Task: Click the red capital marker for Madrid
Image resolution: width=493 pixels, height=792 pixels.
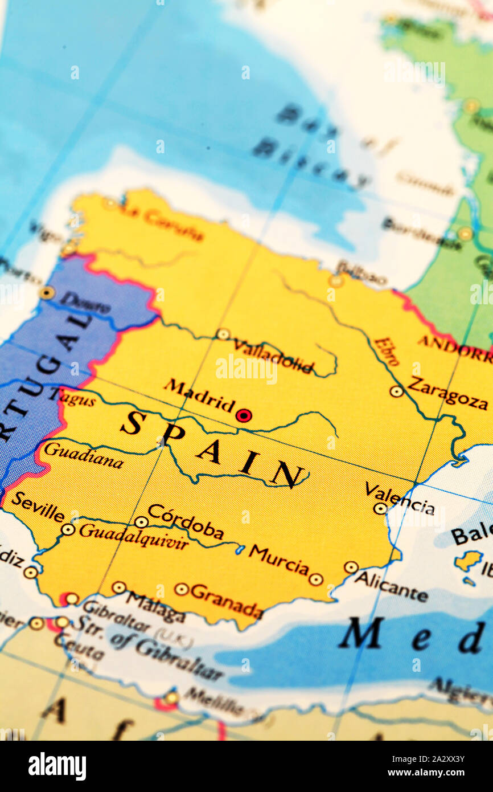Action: pos(244,415)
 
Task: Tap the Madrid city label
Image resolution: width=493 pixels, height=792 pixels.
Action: pos(199,395)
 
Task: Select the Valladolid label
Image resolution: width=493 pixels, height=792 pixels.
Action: pos(273,356)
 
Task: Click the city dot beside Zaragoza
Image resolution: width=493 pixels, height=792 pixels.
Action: pos(396,391)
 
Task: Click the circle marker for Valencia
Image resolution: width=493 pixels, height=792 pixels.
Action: pos(380,508)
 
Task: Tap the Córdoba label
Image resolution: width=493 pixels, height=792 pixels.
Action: pos(186,521)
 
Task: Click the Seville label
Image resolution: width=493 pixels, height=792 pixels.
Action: pos(38,507)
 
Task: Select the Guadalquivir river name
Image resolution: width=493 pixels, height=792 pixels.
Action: pos(134,536)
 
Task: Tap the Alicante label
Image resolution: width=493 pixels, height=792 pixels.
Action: pos(391,587)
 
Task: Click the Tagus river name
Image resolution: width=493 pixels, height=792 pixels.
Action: pos(76,397)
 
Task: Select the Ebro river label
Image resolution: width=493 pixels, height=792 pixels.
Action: pos(387,351)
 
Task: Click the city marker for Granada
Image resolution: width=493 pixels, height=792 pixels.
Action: pos(182,589)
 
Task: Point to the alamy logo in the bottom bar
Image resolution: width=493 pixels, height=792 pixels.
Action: pos(57,766)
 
